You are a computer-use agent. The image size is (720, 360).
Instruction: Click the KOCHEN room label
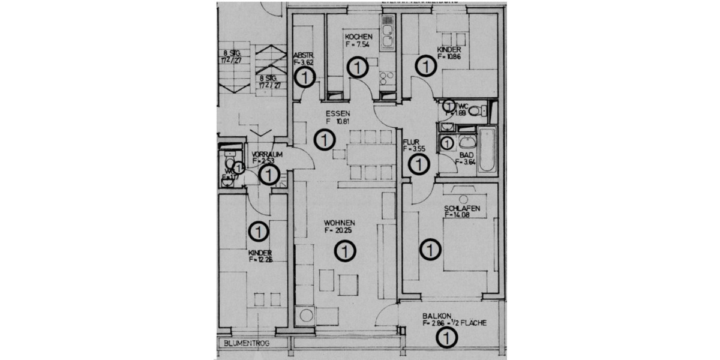[358, 37]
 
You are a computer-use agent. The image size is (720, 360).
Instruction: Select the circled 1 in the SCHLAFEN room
[430, 249]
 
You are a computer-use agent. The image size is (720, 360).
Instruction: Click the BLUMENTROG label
[246, 344]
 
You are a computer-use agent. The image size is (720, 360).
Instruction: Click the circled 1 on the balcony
[446, 339]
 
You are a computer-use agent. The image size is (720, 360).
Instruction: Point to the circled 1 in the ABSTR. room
[305, 77]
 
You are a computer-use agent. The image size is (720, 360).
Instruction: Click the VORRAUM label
[266, 154]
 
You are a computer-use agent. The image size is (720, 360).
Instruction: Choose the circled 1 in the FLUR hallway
[418, 164]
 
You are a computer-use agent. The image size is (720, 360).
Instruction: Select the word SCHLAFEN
[462, 209]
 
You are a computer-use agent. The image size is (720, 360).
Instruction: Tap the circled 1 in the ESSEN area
[324, 140]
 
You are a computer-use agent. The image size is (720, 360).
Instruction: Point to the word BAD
[466, 154]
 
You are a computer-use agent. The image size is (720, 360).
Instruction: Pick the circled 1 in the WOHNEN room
[345, 250]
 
